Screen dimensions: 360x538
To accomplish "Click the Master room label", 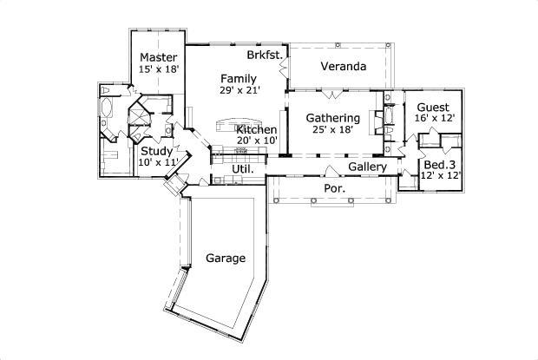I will (x=159, y=58).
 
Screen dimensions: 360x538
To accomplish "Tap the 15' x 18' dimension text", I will (x=159, y=69).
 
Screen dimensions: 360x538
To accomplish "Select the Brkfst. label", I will (x=263, y=55).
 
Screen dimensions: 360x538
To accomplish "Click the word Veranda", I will (x=342, y=66).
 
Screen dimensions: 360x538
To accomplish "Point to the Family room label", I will (x=237, y=78).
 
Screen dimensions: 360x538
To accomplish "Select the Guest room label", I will (x=433, y=108).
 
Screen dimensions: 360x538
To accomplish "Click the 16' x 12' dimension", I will (x=433, y=118).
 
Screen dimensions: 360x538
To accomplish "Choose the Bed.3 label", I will (x=440, y=164).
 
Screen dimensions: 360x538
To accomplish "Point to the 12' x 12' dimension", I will (x=440, y=175).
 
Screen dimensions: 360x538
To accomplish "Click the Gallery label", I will (x=367, y=167).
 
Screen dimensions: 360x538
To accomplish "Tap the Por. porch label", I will (x=334, y=187).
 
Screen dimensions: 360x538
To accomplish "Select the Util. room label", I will (x=242, y=169).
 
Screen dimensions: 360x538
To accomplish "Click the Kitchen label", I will (x=256, y=129).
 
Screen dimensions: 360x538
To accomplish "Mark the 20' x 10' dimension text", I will (x=256, y=140).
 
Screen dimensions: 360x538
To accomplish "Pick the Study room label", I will (x=158, y=150).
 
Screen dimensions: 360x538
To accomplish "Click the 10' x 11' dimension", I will (x=158, y=161).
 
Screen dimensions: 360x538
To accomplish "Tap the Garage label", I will (x=225, y=258).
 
